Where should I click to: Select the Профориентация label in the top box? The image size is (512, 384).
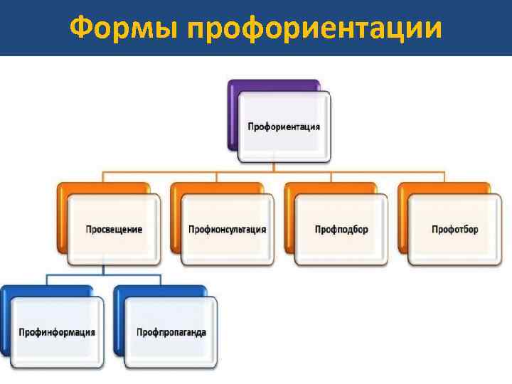coord(284,127)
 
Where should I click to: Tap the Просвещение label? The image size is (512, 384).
coord(114,230)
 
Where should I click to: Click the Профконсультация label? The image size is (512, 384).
coord(228,230)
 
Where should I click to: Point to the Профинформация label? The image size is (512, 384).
coord(57,332)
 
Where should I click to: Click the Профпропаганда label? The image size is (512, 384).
coord(171,332)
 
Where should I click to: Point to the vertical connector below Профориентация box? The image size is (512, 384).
coord(274,167)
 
